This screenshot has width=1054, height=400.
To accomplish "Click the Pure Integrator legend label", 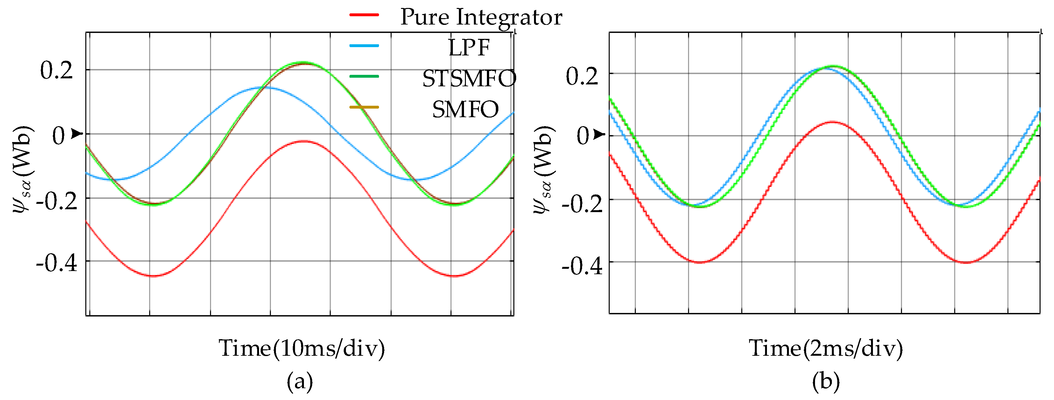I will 481,17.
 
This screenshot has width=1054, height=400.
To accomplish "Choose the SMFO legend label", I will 466,109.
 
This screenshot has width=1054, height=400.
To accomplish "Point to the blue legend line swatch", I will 364,46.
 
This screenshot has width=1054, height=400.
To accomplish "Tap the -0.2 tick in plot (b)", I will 582,203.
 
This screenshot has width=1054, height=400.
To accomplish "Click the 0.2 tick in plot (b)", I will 582,76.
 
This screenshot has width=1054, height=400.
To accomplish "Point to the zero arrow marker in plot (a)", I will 77,133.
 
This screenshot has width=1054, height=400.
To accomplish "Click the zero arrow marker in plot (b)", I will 600,134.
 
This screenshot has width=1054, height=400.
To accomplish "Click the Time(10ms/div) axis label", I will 302,348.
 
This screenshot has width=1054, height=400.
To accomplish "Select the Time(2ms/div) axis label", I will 826,348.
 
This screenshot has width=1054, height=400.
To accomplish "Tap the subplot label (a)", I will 300,382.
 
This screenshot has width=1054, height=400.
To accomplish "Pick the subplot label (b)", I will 826,382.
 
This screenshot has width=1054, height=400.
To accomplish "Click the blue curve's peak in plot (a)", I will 262,87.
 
